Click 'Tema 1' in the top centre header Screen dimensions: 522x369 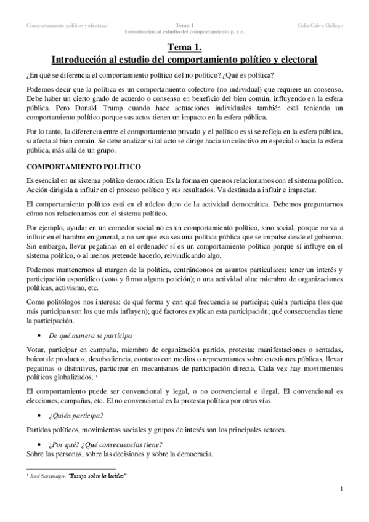184,25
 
